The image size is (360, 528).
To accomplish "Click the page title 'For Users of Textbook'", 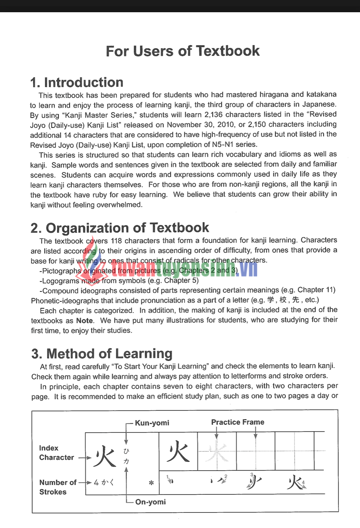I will point(183,51).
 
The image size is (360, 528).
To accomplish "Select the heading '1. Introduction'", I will point(76,82).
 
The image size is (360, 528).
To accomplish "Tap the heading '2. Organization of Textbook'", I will point(120,228).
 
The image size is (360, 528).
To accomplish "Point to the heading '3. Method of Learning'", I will point(102,353).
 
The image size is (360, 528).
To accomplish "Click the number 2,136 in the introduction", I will point(215,114).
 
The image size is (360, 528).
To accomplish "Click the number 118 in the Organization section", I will point(116,241).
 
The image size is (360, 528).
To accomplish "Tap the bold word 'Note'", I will point(84,321).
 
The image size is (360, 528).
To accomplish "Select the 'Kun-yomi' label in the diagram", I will point(152,423).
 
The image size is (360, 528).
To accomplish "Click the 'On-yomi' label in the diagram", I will point(151,502).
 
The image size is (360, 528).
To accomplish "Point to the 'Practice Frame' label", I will point(238,422).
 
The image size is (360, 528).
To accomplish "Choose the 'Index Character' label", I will point(56,453).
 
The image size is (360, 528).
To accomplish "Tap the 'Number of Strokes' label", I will point(57,487).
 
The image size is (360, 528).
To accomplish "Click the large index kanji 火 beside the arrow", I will point(105,456).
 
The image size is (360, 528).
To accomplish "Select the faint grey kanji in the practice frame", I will point(217,452).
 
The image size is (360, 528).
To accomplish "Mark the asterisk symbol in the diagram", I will point(151,483).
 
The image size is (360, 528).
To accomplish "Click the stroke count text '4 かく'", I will point(104,483).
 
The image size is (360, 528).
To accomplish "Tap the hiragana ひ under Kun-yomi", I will point(126,451).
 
